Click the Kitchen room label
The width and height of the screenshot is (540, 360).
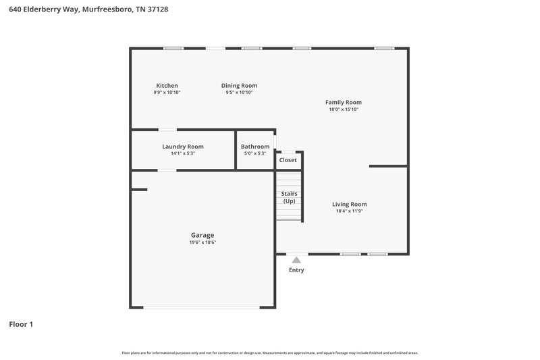pyautogui.click(x=167, y=86)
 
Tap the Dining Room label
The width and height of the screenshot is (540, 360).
pyautogui.click(x=239, y=86)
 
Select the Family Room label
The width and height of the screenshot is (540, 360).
pyautogui.click(x=343, y=103)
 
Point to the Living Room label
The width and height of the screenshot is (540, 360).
pyautogui.click(x=349, y=204)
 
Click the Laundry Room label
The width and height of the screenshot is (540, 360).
pyautogui.click(x=182, y=147)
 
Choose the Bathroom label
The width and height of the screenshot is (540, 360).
pyautogui.click(x=255, y=147)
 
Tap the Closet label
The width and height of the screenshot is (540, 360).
pyautogui.click(x=288, y=160)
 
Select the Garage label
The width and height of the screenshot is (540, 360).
pyautogui.click(x=202, y=235)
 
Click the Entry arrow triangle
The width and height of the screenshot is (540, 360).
pyautogui.click(x=296, y=259)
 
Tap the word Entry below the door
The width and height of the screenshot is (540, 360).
pyautogui.click(x=296, y=270)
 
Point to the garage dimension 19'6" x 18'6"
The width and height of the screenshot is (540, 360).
pyautogui.click(x=202, y=242)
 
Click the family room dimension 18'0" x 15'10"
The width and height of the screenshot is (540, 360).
pyautogui.click(x=343, y=109)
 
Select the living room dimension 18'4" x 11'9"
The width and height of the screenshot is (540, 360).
pyautogui.click(x=349, y=211)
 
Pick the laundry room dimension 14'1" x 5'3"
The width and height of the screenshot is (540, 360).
pyautogui.click(x=182, y=153)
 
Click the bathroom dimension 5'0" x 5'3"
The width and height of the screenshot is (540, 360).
pyautogui.click(x=255, y=153)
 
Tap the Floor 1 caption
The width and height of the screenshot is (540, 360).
pyautogui.click(x=21, y=324)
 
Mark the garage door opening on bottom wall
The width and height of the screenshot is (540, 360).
pyautogui.click(x=202, y=308)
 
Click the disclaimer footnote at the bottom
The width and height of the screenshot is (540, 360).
pyautogui.click(x=269, y=353)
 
